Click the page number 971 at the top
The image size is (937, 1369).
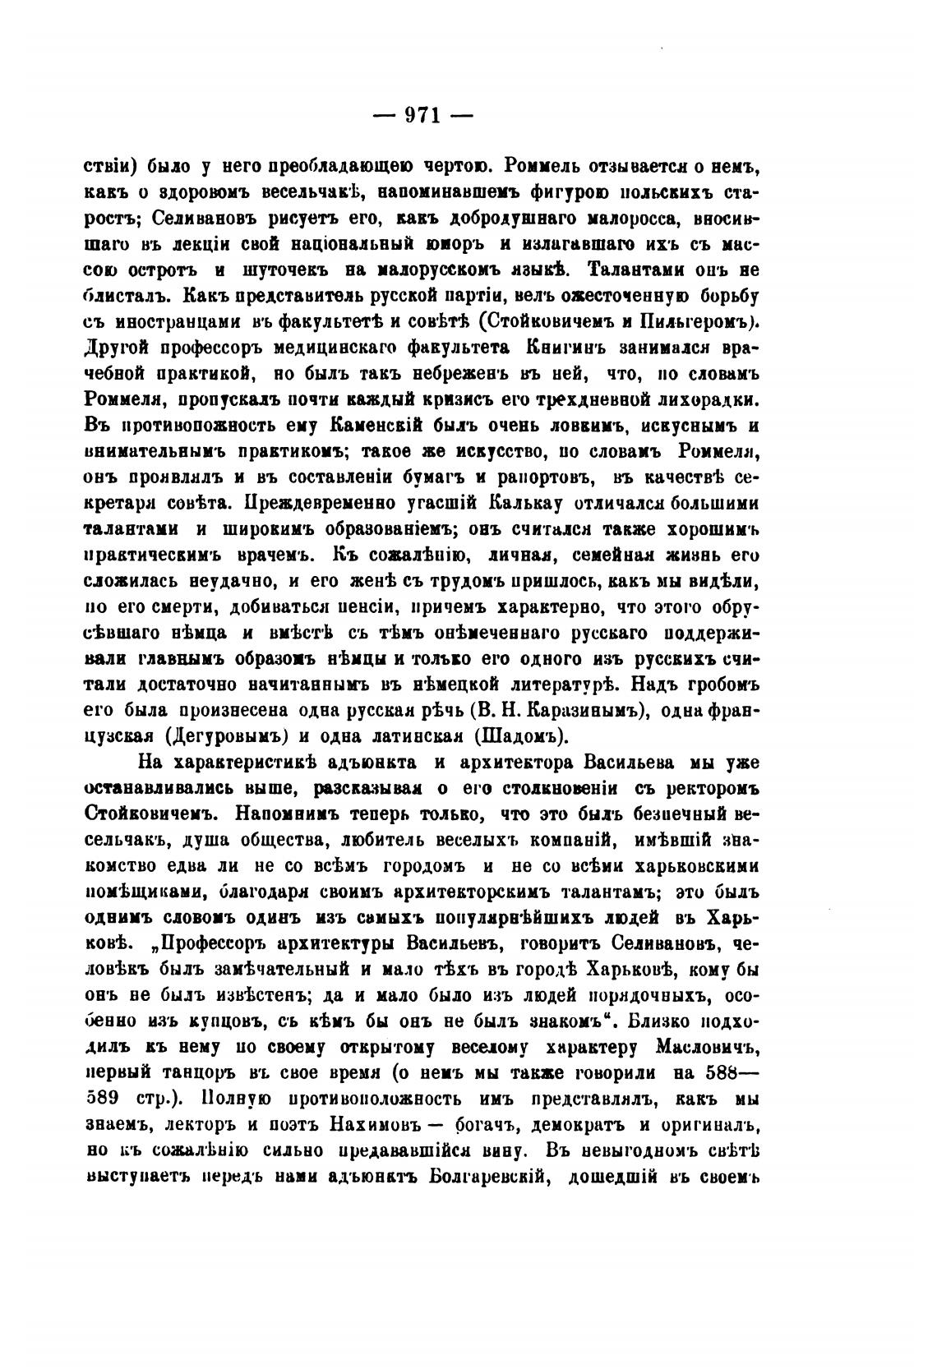point(423,115)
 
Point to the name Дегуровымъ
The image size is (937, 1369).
point(231,734)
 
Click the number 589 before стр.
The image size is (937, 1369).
point(103,1099)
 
